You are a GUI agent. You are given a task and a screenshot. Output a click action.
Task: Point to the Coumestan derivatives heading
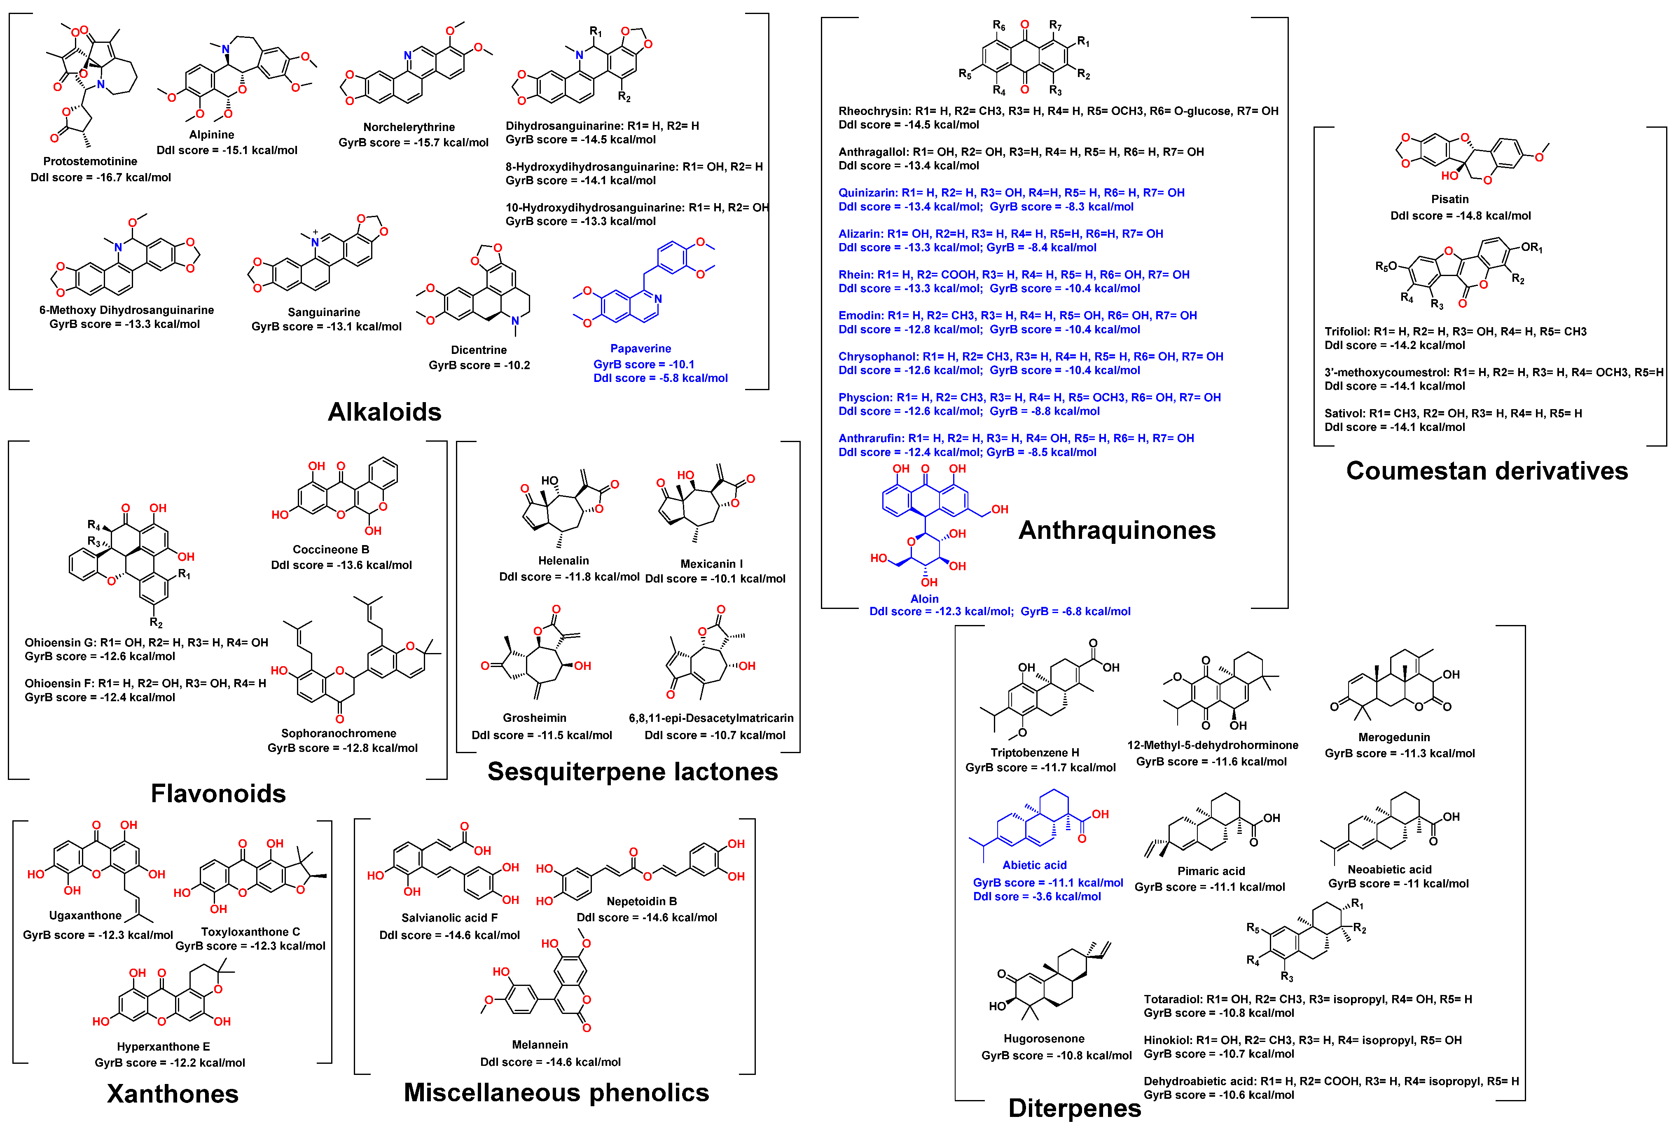(1487, 471)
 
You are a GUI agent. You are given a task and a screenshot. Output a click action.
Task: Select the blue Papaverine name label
(640, 348)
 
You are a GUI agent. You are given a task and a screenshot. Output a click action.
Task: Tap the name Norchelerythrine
(409, 127)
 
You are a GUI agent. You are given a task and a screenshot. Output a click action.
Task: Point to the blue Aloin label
(924, 598)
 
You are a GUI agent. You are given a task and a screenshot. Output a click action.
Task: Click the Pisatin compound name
(1449, 199)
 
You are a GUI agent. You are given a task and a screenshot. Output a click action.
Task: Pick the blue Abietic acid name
(1034, 865)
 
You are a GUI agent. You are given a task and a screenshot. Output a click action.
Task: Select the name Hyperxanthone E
(163, 1046)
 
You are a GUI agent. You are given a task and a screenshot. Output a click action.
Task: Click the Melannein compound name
(540, 1044)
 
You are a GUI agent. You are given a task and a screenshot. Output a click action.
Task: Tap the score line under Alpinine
(227, 150)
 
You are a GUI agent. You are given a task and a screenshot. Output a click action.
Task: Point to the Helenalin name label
(563, 560)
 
